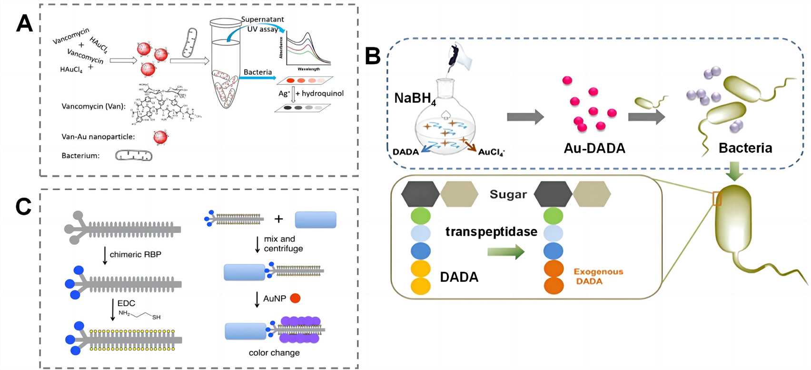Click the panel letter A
click(x=24, y=23)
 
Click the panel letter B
click(x=373, y=56)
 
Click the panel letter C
click(x=23, y=206)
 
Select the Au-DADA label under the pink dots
click(x=594, y=149)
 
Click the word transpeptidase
click(x=491, y=232)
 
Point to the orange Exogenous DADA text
click(x=598, y=276)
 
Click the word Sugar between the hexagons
click(x=508, y=194)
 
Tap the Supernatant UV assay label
click(x=262, y=24)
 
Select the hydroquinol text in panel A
click(x=322, y=93)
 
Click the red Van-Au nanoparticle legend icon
click(x=160, y=137)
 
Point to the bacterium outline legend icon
click(x=134, y=156)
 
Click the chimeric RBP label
click(x=135, y=255)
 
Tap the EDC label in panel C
click(x=126, y=303)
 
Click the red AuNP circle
click(x=295, y=299)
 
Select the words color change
click(x=274, y=353)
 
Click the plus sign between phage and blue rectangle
click(x=279, y=219)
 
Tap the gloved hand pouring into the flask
click(x=459, y=57)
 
